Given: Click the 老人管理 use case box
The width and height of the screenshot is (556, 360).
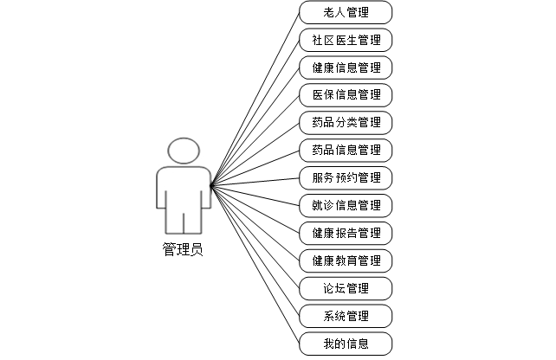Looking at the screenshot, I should [346, 12].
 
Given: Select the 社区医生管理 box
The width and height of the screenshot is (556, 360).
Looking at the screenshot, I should [346, 40].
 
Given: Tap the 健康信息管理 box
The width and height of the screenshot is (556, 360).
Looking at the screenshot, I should [346, 67].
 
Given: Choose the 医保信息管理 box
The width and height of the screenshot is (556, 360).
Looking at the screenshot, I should [346, 94].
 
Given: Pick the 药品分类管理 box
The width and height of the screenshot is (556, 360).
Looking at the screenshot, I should [346, 122].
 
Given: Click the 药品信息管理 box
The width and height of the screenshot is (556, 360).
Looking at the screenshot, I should [346, 150].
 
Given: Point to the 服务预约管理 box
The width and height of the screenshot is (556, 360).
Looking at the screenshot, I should [346, 177].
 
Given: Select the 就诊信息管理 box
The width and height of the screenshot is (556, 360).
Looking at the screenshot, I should [346, 205].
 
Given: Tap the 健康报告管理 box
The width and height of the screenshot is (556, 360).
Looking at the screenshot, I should [346, 233].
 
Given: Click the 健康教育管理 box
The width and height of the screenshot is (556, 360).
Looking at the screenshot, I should [346, 260].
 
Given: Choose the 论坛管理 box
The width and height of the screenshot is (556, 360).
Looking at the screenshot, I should [346, 287].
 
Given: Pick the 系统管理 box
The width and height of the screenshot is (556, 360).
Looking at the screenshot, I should [346, 315].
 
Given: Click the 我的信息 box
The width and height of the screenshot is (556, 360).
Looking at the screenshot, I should [346, 343].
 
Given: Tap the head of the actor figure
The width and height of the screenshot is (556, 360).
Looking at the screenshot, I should [183, 151].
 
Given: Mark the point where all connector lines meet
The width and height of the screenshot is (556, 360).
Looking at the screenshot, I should [210, 183].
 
